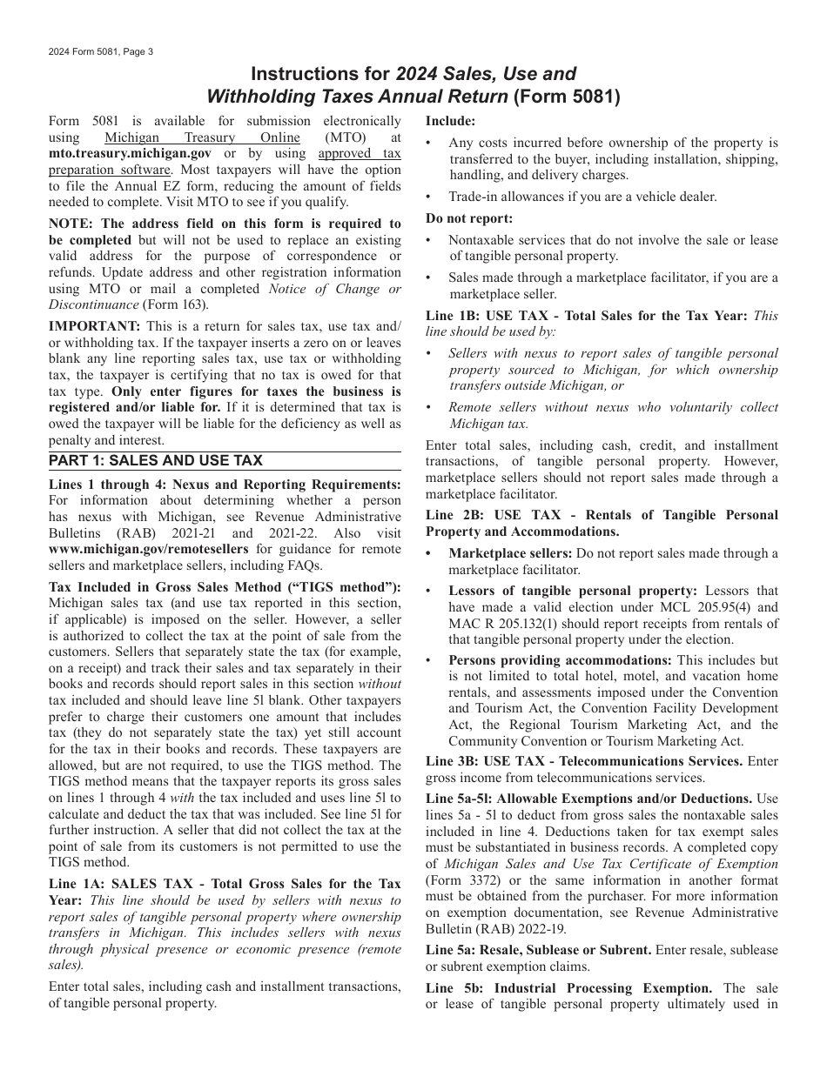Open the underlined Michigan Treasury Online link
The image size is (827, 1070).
tap(202, 137)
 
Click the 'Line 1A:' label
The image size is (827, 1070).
tap(77, 884)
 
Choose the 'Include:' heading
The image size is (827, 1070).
tap(450, 122)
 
